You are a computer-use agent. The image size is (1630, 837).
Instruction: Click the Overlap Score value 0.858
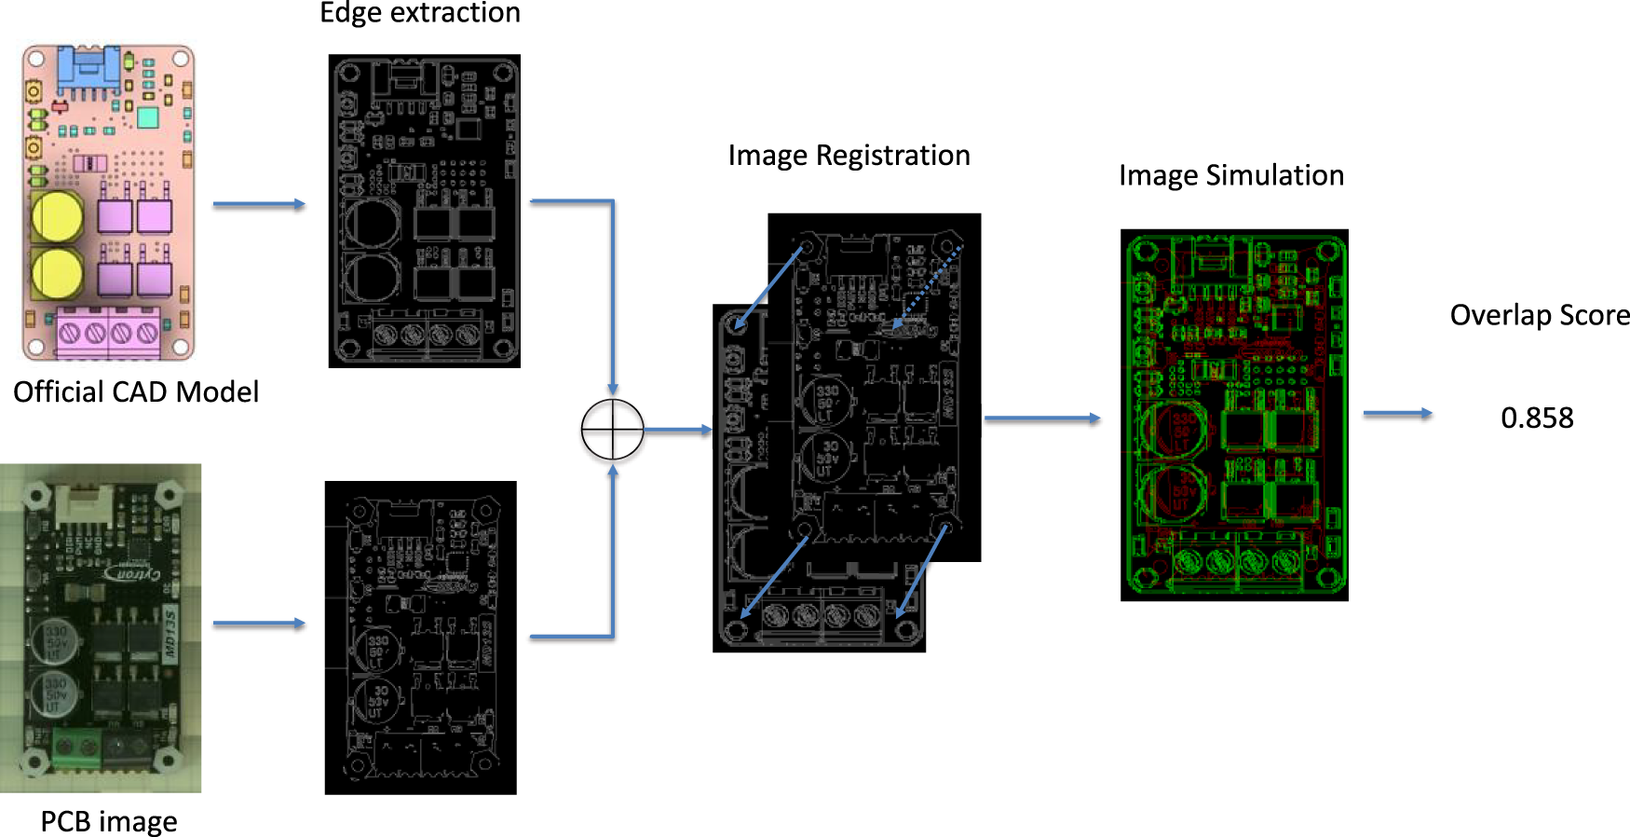[x=1537, y=418]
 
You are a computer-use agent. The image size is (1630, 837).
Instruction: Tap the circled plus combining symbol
[x=612, y=430]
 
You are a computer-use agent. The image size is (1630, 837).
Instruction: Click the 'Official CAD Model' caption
[x=136, y=391]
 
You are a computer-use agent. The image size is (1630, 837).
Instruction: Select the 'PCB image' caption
[x=108, y=821]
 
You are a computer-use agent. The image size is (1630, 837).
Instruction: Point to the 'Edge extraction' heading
[x=420, y=13]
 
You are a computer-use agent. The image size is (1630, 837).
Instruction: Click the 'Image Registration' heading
[x=849, y=155]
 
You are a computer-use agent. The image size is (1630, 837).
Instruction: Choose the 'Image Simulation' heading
[x=1230, y=175]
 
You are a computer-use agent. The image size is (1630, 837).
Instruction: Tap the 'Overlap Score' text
[x=1539, y=315]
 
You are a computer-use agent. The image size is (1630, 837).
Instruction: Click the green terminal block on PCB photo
[x=76, y=746]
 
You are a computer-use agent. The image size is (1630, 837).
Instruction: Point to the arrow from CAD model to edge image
[x=259, y=204]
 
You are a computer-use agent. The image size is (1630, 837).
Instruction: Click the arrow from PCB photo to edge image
[x=259, y=623]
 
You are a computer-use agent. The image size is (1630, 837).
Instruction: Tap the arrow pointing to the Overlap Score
[x=1397, y=413]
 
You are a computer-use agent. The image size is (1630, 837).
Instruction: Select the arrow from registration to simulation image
[x=1041, y=418]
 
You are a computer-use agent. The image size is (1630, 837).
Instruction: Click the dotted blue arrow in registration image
[x=927, y=288]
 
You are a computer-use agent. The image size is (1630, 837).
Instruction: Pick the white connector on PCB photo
[x=86, y=506]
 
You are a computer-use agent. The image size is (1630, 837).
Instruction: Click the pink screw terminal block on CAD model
[x=108, y=333]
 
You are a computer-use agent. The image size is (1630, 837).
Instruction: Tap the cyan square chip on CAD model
[x=147, y=117]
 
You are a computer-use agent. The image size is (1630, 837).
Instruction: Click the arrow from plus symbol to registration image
[x=677, y=430]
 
